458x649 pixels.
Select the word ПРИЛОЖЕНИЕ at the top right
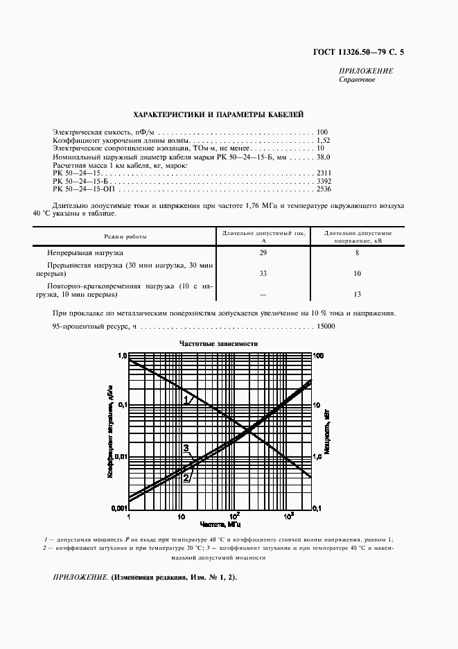coord(366,71)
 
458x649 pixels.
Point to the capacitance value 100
coord(322,132)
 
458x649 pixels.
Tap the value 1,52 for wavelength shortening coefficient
coord(322,140)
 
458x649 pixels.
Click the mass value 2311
coord(323,172)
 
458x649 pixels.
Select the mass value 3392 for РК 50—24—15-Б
coord(323,180)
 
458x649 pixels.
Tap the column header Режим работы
coord(125,236)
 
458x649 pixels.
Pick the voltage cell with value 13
coord(356,294)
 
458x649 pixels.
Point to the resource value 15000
coord(326,327)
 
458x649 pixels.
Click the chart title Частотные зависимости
coord(218,344)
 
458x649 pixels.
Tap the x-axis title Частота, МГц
coord(220,525)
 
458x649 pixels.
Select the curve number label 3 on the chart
coord(185,449)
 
